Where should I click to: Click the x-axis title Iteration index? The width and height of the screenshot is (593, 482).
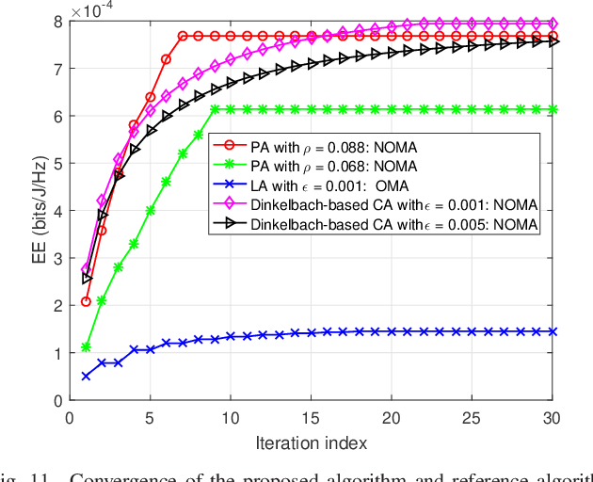coord(310,442)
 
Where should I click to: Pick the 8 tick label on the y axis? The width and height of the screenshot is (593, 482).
coord(56,21)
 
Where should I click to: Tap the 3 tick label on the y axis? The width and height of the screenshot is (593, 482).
coord(56,258)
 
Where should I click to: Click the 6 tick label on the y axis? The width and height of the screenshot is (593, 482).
coord(56,116)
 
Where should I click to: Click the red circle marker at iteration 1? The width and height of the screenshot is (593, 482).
coord(86,301)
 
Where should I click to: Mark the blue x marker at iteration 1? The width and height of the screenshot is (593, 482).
coord(86,376)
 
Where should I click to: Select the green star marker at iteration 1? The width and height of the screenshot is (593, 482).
coord(86,346)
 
